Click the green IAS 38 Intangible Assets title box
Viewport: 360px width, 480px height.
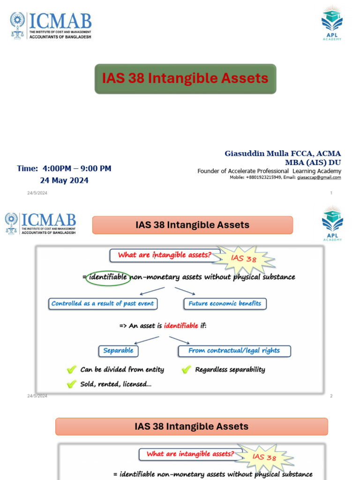tap(185, 79)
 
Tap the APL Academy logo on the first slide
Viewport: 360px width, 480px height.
tap(332, 23)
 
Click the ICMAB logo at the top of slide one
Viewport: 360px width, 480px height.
tap(51, 26)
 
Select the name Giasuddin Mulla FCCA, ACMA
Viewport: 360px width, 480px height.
tap(283, 154)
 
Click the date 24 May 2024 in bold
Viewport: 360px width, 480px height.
tap(64, 180)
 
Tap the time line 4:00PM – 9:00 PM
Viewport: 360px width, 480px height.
tap(64, 169)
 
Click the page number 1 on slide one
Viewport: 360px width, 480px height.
tap(331, 193)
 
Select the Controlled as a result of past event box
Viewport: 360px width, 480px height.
tap(103, 304)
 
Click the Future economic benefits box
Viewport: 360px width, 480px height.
tap(225, 304)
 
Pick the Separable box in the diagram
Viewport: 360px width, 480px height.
tap(118, 351)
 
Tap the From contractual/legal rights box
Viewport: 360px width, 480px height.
tap(234, 351)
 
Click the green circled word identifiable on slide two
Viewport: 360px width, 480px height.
tap(108, 277)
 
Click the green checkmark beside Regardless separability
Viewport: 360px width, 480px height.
tap(186, 370)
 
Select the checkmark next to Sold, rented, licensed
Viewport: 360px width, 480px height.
tap(71, 384)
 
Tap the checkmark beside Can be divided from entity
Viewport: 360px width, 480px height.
tap(71, 370)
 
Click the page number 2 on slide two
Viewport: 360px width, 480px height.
tap(331, 396)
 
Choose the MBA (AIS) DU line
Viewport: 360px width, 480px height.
tap(313, 163)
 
